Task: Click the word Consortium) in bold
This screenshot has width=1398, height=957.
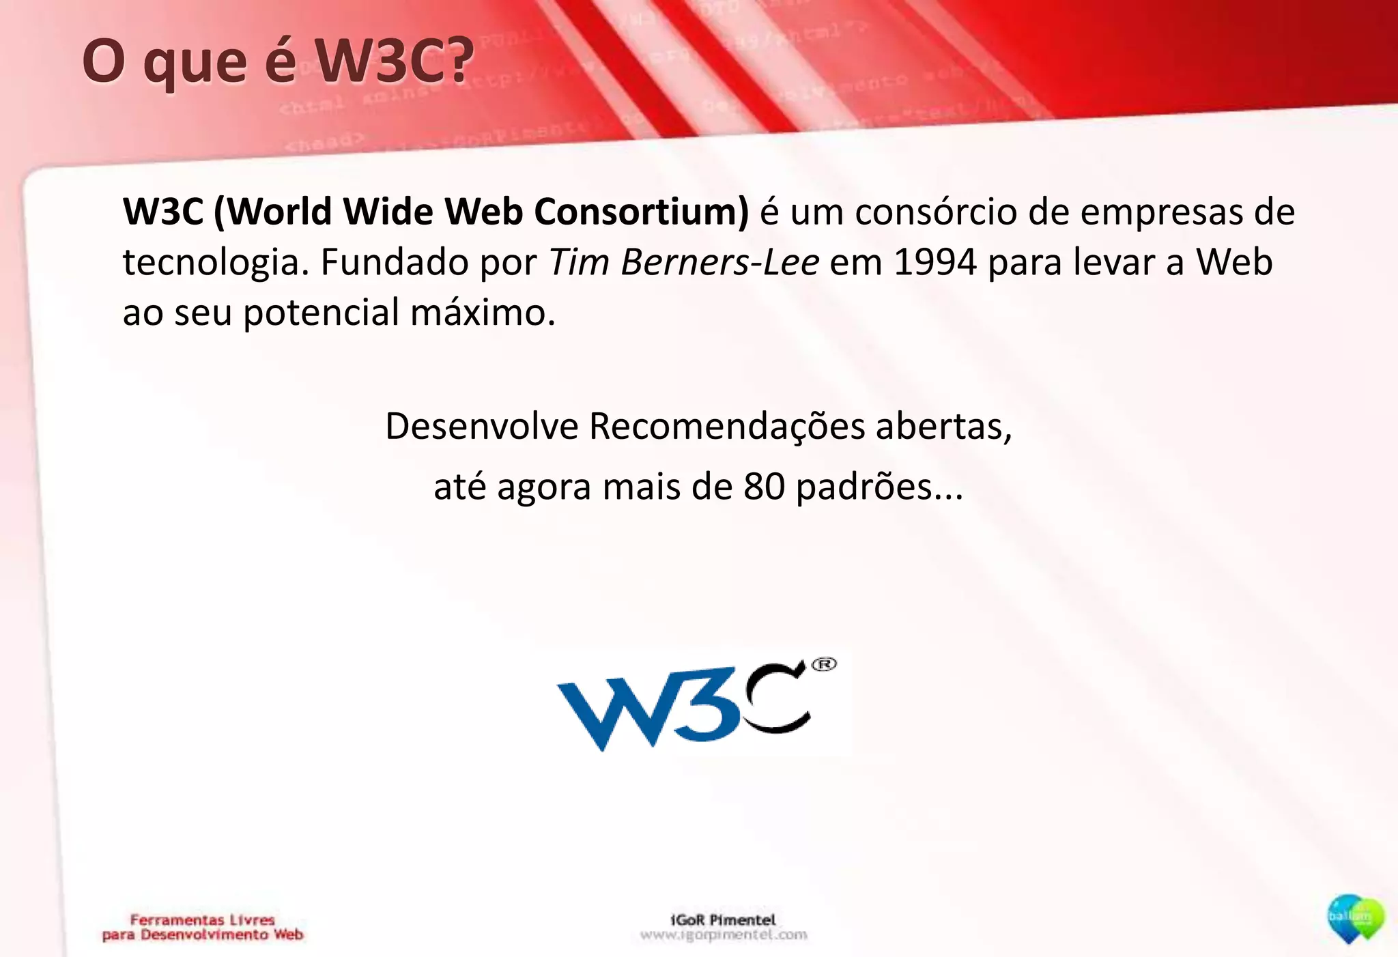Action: (641, 211)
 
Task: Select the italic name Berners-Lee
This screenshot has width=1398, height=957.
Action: (719, 262)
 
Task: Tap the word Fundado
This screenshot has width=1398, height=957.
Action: (395, 262)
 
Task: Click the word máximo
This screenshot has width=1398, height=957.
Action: (483, 313)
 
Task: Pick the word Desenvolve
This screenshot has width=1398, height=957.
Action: (482, 426)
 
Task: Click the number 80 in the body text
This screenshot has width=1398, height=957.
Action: (764, 487)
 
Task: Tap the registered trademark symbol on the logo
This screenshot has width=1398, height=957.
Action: (824, 664)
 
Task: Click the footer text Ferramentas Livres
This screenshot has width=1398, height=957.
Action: (202, 919)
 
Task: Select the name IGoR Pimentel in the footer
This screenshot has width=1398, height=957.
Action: (723, 919)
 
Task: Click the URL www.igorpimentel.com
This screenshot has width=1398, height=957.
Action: (724, 934)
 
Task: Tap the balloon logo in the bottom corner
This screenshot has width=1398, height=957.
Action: (1355, 919)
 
